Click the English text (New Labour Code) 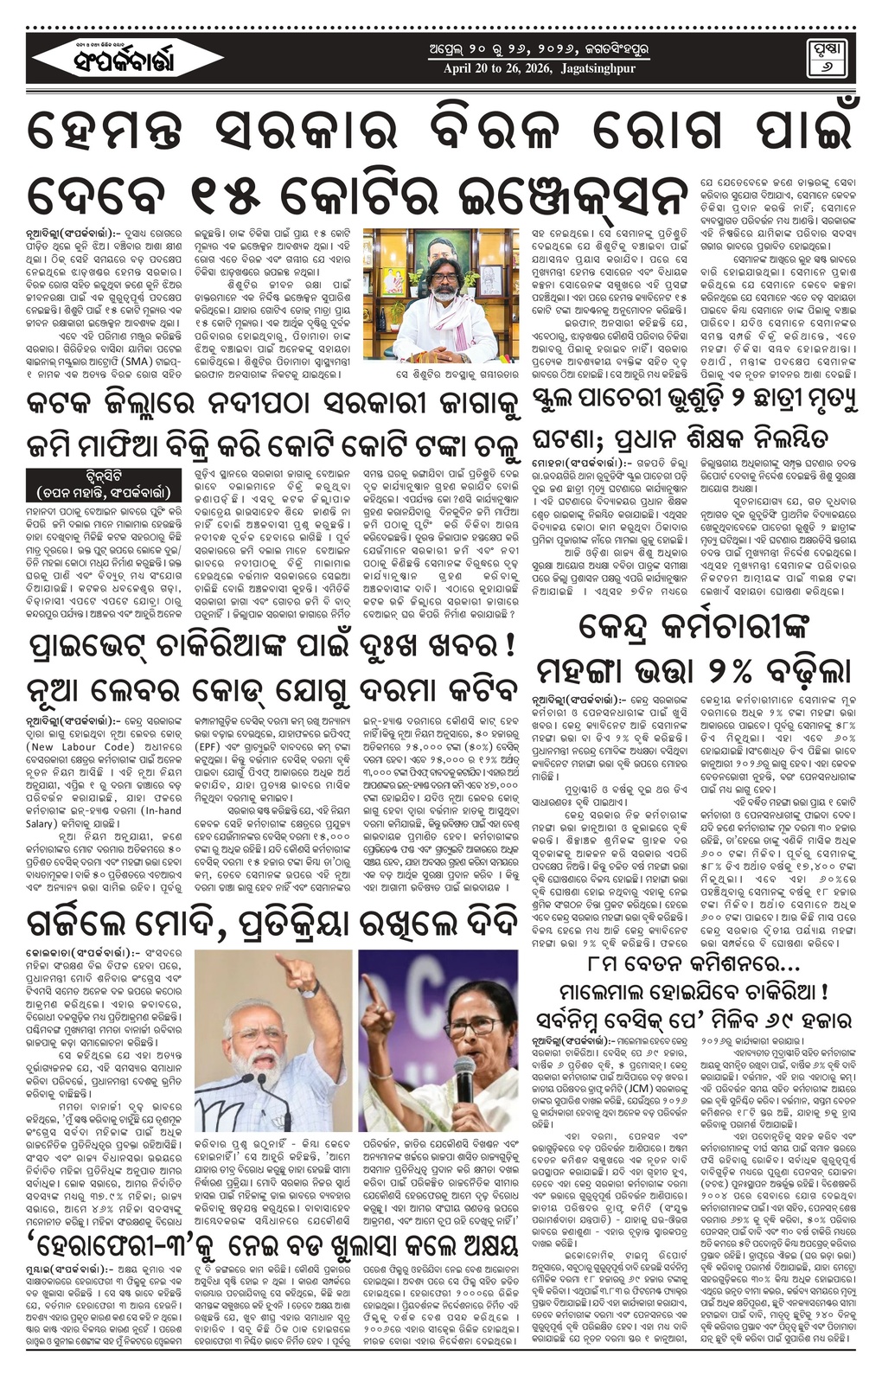[68, 746]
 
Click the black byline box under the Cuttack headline [104, 485]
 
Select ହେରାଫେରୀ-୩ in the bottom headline [112, 1273]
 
